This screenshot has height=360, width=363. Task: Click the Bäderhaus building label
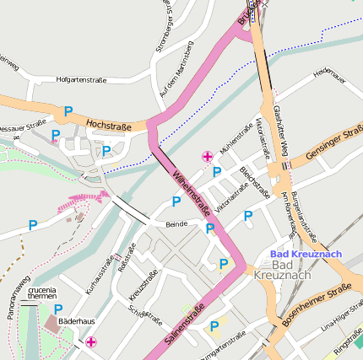tap(76, 320)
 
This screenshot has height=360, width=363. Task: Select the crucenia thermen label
tap(44, 294)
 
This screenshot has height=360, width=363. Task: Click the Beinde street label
tap(176, 224)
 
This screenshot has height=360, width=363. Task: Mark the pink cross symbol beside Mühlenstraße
tap(208, 156)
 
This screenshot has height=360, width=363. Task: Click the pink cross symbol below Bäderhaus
tap(90, 341)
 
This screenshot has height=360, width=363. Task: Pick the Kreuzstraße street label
tap(144, 286)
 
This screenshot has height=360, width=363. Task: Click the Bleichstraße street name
tap(255, 181)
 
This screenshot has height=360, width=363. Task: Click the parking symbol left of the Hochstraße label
tap(68, 110)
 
